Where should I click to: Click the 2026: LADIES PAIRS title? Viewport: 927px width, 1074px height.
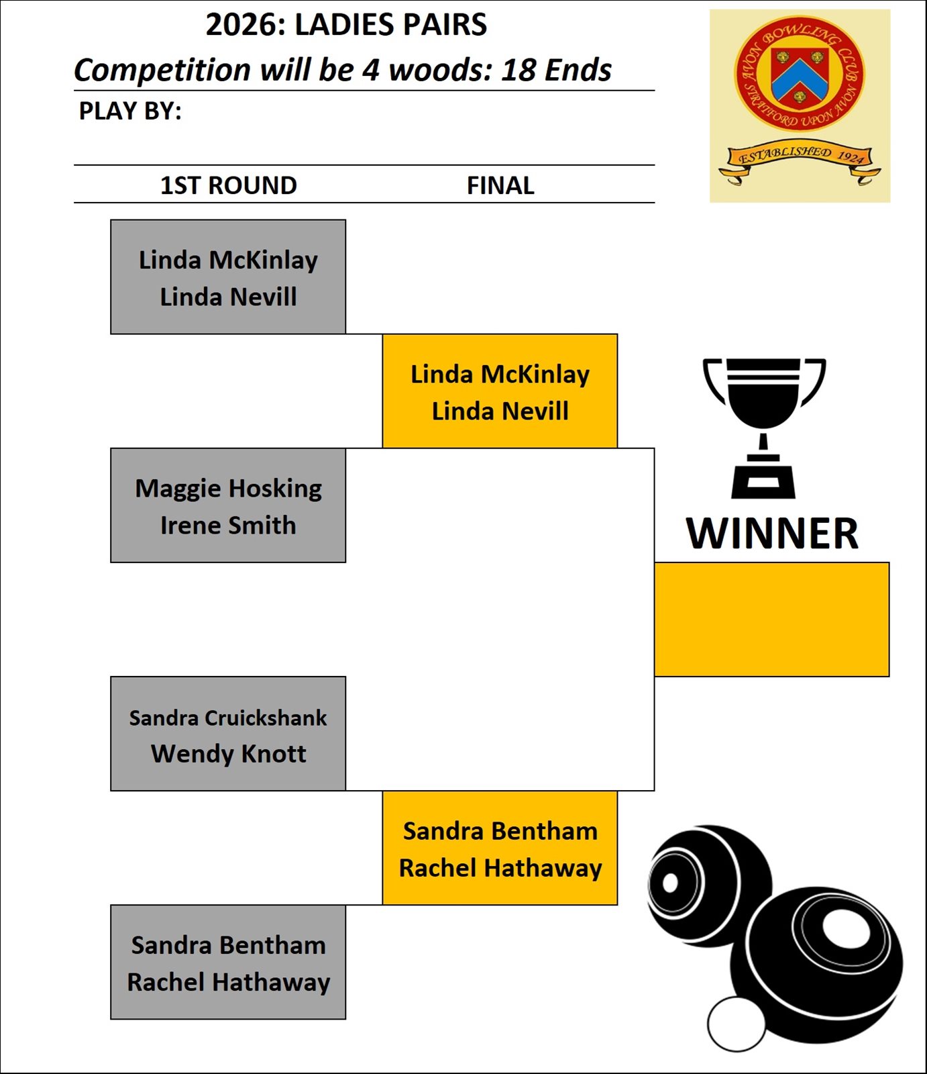346,25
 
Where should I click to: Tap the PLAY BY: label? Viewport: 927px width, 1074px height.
130,111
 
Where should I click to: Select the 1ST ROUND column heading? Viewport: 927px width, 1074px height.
228,185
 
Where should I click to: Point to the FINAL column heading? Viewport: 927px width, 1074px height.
500,185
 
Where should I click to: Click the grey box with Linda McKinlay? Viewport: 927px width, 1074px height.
228,277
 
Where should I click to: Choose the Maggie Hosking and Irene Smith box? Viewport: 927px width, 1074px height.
228,505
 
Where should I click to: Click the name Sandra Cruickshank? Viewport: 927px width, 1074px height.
228,718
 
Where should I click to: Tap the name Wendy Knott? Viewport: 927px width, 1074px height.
228,754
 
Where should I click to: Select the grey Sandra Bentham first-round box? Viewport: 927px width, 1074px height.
228,962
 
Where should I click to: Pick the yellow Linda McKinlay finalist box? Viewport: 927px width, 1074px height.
500,391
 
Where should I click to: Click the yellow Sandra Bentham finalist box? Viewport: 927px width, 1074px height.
500,848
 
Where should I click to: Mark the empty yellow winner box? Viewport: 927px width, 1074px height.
771,619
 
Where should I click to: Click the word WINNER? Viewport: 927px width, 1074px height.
772,534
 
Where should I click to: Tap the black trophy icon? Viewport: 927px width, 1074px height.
764,428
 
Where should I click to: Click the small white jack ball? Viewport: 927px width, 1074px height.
737,1024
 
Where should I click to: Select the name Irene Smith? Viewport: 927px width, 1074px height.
228,525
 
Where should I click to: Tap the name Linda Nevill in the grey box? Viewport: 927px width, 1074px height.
228,297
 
